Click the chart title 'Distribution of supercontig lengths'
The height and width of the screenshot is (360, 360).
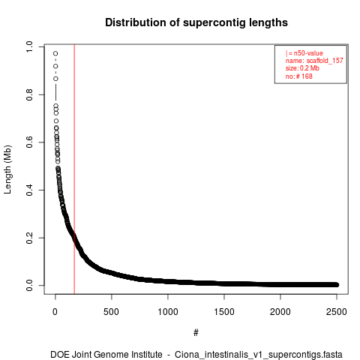click(196, 22)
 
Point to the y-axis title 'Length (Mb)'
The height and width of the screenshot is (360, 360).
click(7, 169)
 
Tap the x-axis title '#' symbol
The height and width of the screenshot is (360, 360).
click(196, 333)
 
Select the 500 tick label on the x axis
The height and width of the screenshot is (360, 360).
click(112, 312)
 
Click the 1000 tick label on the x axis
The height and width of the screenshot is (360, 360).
click(168, 312)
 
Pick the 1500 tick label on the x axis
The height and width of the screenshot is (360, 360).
click(224, 312)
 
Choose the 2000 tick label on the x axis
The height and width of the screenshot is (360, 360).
click(280, 312)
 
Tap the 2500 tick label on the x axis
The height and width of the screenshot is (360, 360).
click(337, 312)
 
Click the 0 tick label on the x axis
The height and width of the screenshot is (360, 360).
click(55, 312)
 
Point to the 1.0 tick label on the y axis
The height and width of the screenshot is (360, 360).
click(29, 46)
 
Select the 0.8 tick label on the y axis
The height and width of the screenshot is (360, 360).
click(29, 94)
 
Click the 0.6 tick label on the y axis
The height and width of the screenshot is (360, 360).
click(29, 142)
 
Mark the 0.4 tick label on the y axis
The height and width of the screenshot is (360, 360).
click(29, 190)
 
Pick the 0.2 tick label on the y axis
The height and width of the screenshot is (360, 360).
click(29, 238)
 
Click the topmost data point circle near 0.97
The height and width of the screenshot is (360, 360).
click(55, 53)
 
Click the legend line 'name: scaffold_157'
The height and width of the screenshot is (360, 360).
click(314, 61)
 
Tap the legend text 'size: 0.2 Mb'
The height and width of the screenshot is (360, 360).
click(302, 68)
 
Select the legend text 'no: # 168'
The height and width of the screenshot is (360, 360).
click(299, 76)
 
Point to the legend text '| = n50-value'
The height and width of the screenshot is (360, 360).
click(304, 53)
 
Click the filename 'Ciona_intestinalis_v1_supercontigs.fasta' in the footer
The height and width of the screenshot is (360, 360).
click(259, 355)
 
